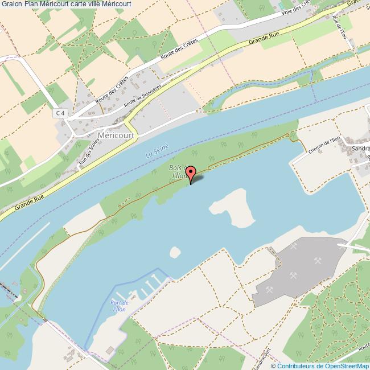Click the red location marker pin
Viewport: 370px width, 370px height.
click(x=191, y=172)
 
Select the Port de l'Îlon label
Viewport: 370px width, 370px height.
click(x=119, y=306)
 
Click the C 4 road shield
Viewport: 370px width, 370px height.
click(x=60, y=113)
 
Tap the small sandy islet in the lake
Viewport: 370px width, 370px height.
click(x=175, y=252)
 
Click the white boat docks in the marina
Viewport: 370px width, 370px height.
click(x=149, y=285)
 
